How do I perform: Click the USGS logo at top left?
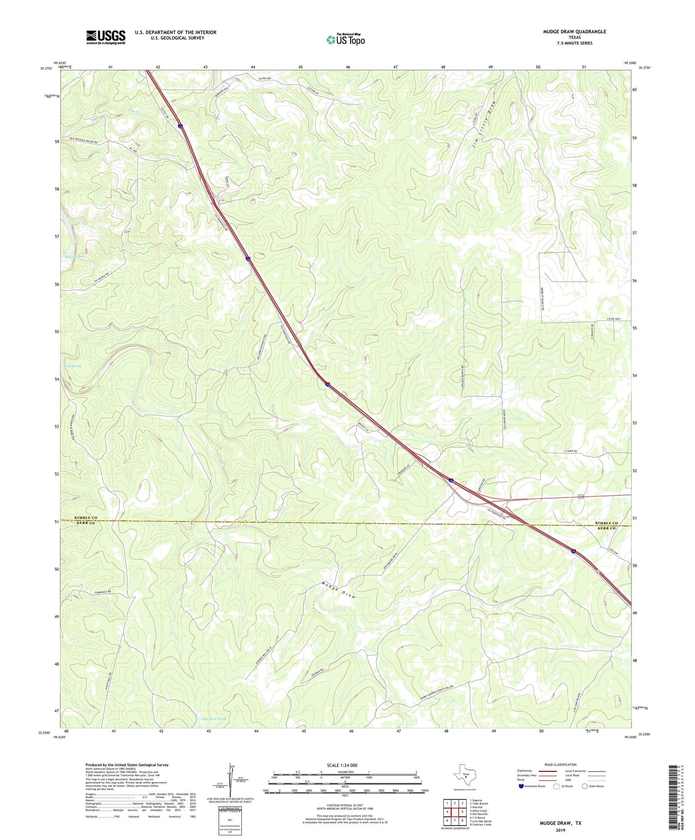106,37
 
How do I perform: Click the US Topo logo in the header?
345,39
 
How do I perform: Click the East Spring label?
73,366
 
